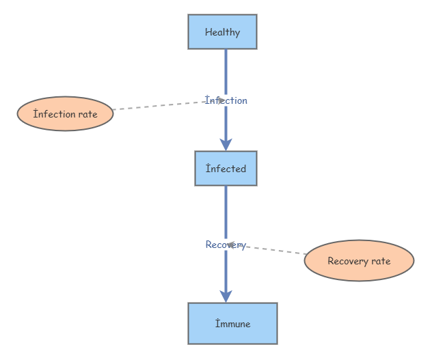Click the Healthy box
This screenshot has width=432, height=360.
(222, 32)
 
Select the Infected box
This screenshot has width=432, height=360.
(226, 168)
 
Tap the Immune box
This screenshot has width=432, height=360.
(233, 323)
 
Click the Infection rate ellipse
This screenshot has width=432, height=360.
(66, 113)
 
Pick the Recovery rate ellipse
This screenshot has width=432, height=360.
(359, 260)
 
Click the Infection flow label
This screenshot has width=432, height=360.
(226, 100)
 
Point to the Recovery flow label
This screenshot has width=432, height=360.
(226, 245)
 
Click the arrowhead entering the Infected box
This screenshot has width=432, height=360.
(226, 145)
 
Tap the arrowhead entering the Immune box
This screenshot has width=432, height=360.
(226, 296)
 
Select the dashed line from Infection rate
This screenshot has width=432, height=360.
(169, 105)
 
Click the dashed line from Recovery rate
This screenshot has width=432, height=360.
(267, 249)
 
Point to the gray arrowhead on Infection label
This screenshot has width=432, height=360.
(221, 100)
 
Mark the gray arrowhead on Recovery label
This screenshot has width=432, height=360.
(231, 245)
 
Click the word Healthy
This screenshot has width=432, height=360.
(222, 32)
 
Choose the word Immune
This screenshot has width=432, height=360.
(233, 324)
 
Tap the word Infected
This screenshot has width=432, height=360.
(226, 169)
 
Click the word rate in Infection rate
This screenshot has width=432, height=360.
(88, 114)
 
